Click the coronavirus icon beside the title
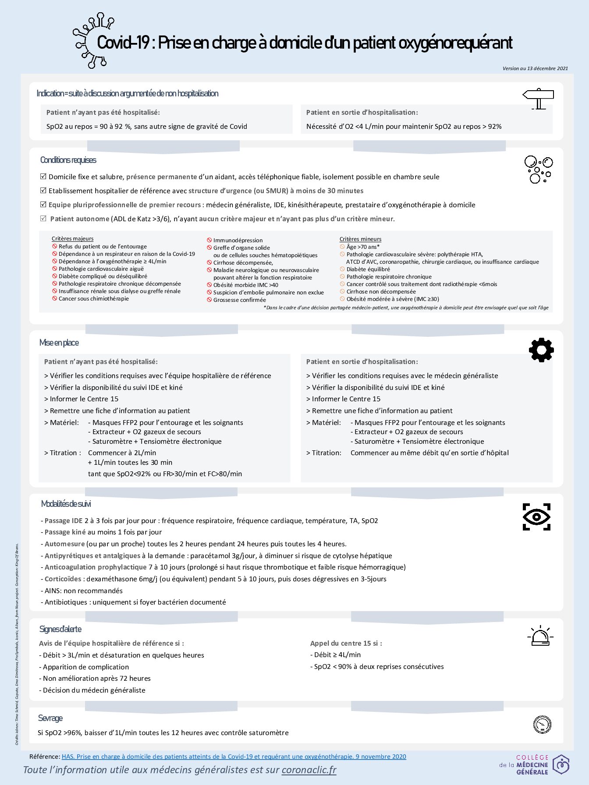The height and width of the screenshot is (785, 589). pos(91,41)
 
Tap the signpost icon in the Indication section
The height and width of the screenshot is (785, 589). pos(538,99)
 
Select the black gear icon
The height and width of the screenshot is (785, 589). pos(541,350)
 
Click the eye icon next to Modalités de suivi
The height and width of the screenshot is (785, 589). pos(536,517)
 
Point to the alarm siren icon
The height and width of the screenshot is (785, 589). pos(540,636)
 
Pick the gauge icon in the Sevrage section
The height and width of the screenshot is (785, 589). pos(542,725)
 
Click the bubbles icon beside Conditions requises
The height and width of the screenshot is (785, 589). pos(538,169)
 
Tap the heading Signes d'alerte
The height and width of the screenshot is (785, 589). pos(60,629)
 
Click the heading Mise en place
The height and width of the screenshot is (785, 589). pos(59,343)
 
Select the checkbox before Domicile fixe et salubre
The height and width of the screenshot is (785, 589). pos(43,177)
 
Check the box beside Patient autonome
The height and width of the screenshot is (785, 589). pos(43,219)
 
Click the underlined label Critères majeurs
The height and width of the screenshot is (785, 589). pos(72,239)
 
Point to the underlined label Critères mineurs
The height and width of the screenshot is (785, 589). pos(360,239)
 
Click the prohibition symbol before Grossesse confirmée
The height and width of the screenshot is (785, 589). pos(209,300)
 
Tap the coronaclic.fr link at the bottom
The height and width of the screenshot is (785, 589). pos(309,770)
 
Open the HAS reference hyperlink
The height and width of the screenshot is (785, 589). pos(234,757)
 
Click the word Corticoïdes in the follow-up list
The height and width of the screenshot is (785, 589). pos(63,579)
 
